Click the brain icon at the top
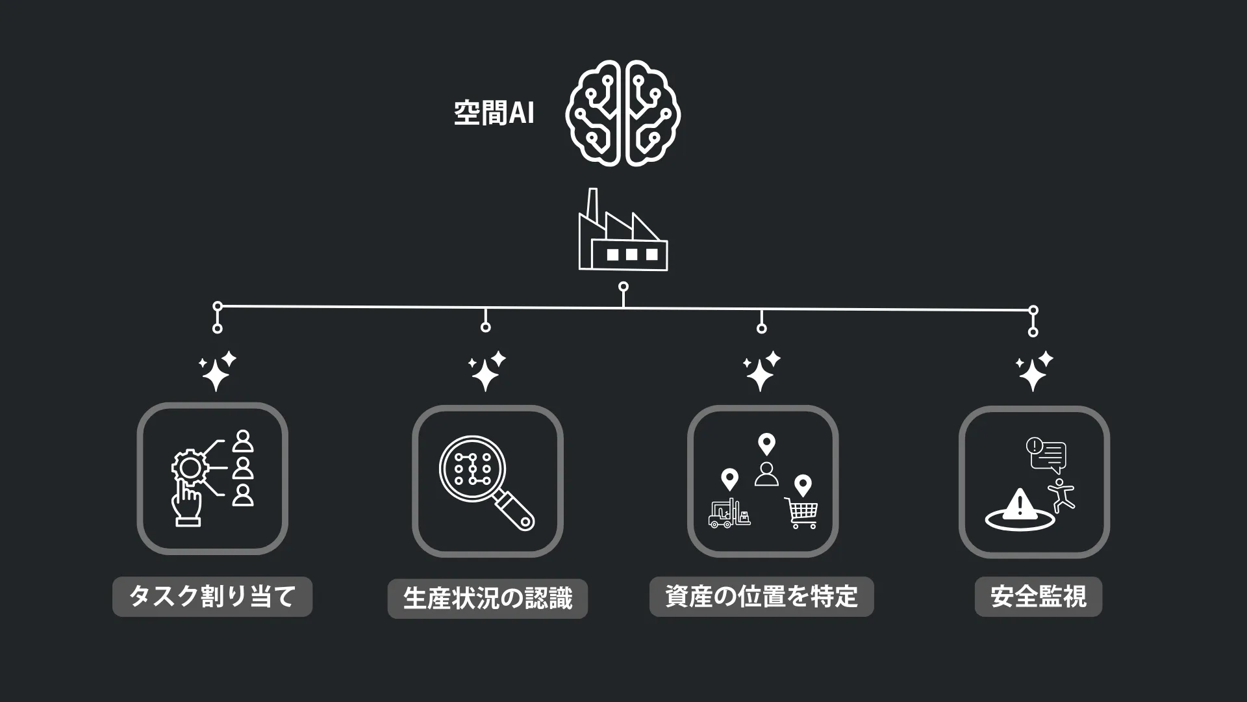click(623, 113)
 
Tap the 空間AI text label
click(494, 113)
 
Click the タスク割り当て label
click(212, 596)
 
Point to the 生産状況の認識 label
click(488, 598)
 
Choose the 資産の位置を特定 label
click(762, 596)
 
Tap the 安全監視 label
click(1039, 596)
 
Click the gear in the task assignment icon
click(189, 467)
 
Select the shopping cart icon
click(801, 513)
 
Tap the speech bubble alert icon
click(1046, 454)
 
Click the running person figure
click(1061, 495)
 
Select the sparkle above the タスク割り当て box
click(217, 371)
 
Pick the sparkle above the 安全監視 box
click(1034, 371)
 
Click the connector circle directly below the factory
click(623, 287)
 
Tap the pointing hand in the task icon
click(186, 504)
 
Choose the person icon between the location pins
click(767, 474)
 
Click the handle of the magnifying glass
click(516, 511)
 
